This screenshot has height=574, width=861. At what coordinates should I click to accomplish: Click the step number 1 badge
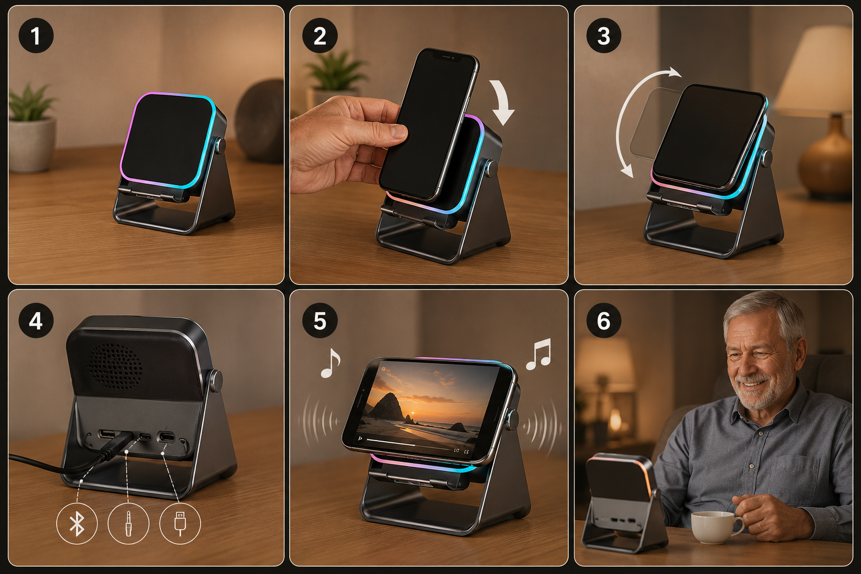(36, 35)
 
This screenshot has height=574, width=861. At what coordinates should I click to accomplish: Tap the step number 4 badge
(36, 320)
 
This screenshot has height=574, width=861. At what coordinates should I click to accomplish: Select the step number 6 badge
(604, 320)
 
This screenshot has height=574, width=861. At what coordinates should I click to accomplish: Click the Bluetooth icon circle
(77, 524)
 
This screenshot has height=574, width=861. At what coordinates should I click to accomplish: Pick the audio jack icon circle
(128, 524)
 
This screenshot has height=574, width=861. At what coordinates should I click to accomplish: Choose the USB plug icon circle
(180, 524)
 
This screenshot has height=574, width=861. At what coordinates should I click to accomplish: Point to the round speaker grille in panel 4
(114, 366)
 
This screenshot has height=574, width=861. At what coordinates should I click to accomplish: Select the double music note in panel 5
(539, 354)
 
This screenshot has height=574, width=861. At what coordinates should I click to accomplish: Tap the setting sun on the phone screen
(413, 414)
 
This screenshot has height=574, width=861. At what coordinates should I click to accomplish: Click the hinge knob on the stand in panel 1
(221, 145)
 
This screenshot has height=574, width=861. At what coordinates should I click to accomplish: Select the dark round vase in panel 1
(260, 120)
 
